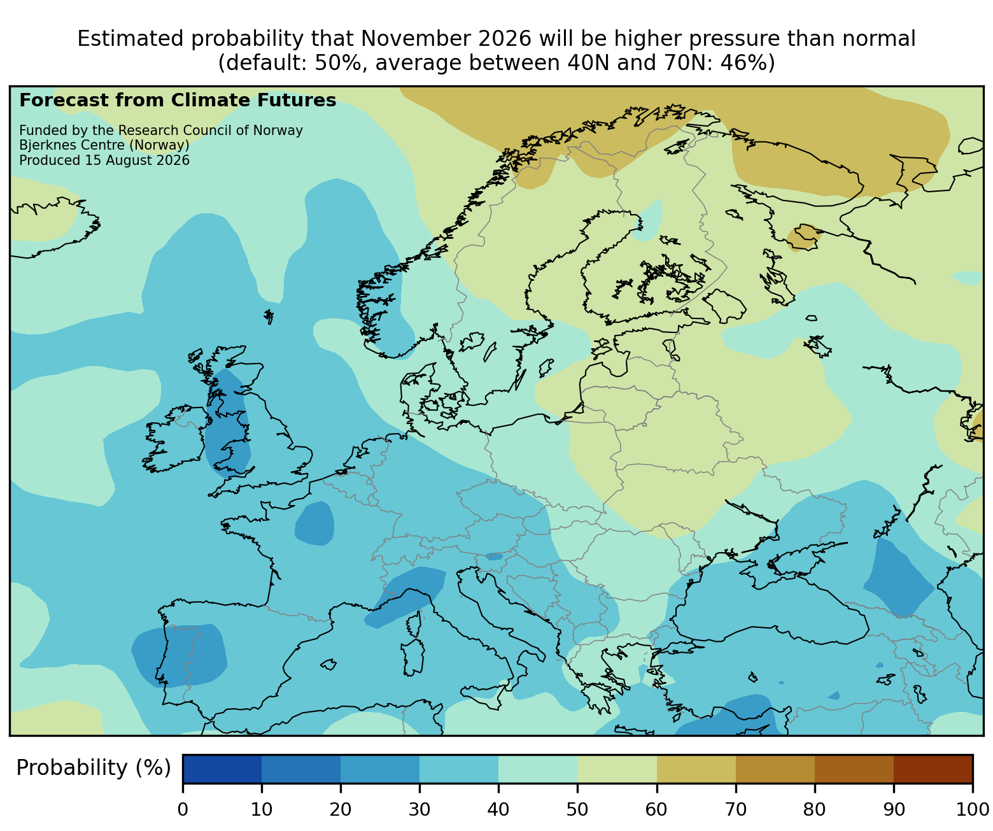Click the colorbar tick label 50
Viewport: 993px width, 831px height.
577,809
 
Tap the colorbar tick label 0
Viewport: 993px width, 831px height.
183,809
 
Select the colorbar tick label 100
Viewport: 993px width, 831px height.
972,809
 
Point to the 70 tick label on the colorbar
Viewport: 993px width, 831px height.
735,809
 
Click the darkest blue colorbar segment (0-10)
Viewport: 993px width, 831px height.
222,769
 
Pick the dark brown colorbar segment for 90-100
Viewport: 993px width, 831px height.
933,769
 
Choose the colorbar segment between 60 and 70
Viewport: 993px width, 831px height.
696,769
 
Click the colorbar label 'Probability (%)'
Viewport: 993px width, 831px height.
93,768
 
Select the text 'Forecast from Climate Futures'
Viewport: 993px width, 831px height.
178,101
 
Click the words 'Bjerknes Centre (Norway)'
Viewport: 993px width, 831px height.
104,145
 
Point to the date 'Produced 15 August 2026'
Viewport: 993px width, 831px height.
104,160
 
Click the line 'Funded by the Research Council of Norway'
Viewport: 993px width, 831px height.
161,131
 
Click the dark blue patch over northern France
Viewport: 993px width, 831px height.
314,523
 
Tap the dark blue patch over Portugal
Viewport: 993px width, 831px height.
179,656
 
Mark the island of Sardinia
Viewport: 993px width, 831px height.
412,657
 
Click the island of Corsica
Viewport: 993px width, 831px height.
414,623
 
